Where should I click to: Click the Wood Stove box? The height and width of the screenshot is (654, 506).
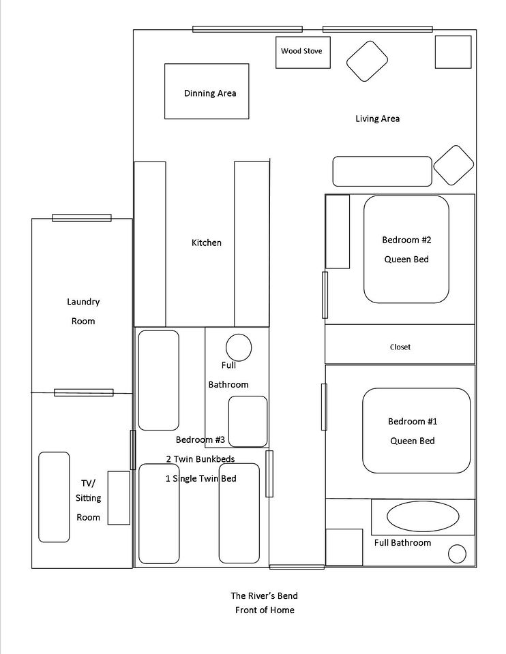(303, 52)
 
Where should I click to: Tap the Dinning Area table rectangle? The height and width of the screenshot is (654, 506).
(207, 91)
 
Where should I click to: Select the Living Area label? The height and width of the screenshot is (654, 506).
(377, 119)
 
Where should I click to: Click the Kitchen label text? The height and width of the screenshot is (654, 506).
(206, 243)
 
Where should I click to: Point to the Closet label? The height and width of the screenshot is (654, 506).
(400, 347)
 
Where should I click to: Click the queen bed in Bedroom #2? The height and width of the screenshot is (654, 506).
(406, 249)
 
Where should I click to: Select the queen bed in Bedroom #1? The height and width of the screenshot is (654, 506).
(416, 431)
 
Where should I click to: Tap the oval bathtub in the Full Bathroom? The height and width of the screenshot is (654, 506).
(423, 516)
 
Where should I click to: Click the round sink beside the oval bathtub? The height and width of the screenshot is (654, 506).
(457, 554)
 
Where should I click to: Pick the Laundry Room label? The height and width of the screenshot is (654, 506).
(83, 311)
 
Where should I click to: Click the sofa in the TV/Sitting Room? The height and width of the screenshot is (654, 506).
(54, 497)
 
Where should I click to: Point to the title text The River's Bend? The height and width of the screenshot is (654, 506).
(265, 595)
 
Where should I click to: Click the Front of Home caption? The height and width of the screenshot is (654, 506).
(265, 610)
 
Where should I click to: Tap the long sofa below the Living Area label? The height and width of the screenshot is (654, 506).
(382, 172)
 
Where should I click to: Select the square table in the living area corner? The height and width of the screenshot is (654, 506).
(453, 52)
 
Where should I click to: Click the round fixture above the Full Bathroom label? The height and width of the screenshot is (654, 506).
(239, 347)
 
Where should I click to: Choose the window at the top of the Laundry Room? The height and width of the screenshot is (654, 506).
(82, 218)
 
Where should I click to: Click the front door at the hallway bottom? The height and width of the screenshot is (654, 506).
(297, 567)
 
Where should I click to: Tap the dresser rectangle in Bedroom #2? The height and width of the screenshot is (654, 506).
(338, 232)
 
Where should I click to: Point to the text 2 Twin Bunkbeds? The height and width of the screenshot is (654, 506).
(200, 459)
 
